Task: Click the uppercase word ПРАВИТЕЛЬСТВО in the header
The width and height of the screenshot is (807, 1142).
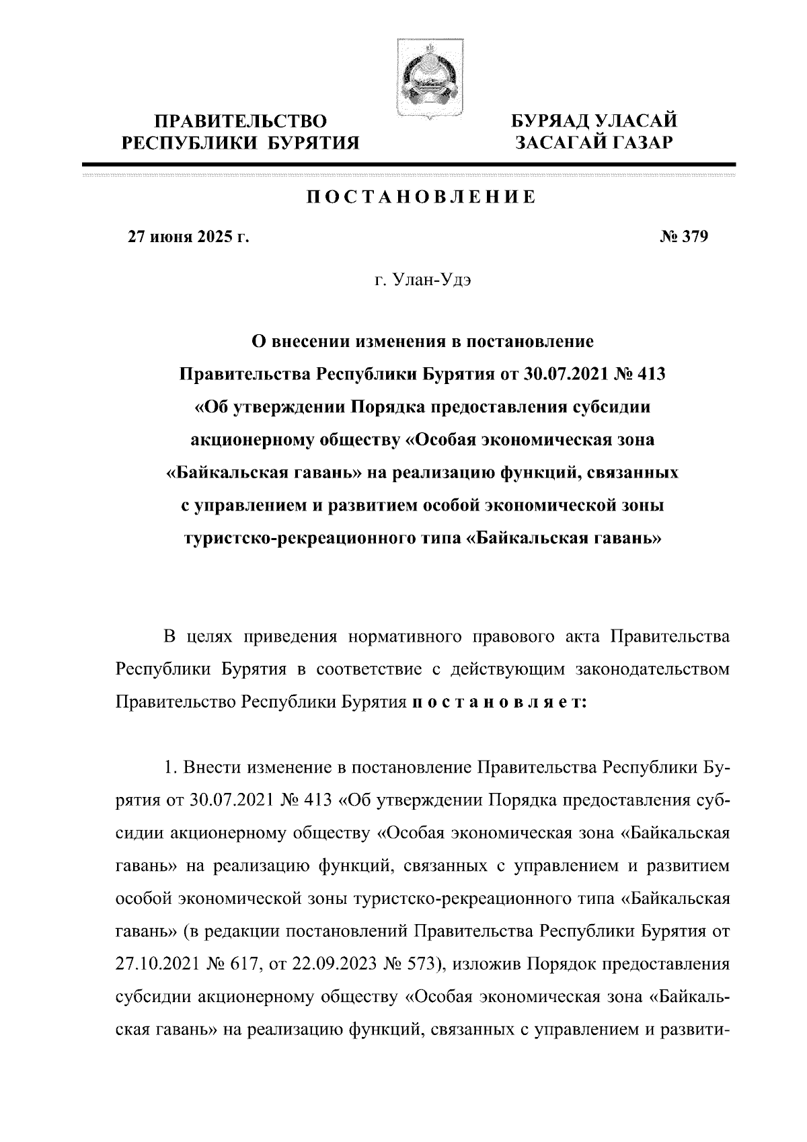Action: pos(240,122)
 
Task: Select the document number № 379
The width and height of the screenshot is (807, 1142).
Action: pos(684,237)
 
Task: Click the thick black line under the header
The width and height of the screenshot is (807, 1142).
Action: pos(408,164)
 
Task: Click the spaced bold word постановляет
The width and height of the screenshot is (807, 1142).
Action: pos(498,702)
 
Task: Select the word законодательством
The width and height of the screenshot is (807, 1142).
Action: pos(652,669)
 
